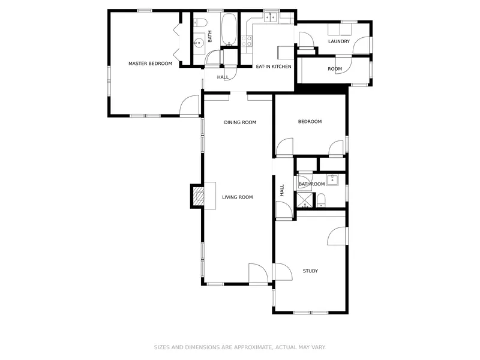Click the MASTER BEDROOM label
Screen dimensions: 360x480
coord(150,64)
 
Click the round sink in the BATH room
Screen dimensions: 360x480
coord(199,43)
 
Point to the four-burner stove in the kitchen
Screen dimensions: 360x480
coord(247,41)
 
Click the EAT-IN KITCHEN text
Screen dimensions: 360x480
coord(274,67)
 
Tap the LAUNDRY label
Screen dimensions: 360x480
coord(339,41)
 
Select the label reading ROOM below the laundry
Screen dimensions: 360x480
coord(335,69)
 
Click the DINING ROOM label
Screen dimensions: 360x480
coord(240,122)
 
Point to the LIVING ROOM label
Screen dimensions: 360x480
coord(237,197)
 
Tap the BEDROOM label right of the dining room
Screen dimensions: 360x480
coord(310,122)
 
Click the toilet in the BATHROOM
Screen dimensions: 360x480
coord(321,200)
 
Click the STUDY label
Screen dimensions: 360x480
coord(310,271)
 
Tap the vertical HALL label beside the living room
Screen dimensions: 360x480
coord(282,190)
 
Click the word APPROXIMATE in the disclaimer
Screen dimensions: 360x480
coord(243,347)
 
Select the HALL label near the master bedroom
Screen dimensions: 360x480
coord(223,77)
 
